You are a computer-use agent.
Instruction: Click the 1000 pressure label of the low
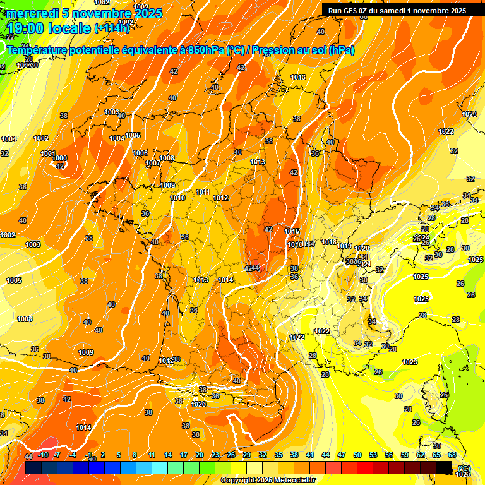pos(59,158)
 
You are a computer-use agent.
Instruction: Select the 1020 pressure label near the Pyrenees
pos(198,404)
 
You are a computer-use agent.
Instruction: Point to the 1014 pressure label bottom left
pos(83,428)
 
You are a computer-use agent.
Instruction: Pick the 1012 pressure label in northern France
pos(220,198)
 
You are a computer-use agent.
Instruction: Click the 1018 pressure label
pos(329,242)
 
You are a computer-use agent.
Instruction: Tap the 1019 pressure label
pos(344,246)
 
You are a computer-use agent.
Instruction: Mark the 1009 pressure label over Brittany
pos(167,185)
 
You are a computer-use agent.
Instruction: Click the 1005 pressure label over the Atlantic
pos(14,280)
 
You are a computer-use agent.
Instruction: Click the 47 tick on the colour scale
pos(342,455)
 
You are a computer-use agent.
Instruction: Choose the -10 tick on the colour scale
pos(43,455)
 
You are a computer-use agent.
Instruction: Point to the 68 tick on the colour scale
pos(452,455)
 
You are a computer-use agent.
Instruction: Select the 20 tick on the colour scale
pos(199,455)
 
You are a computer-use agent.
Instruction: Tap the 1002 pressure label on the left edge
pos(8,235)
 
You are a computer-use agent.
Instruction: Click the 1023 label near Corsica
pos(410,362)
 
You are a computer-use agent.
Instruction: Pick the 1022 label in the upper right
pos(446,131)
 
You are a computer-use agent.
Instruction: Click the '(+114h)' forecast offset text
pos(114,28)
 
